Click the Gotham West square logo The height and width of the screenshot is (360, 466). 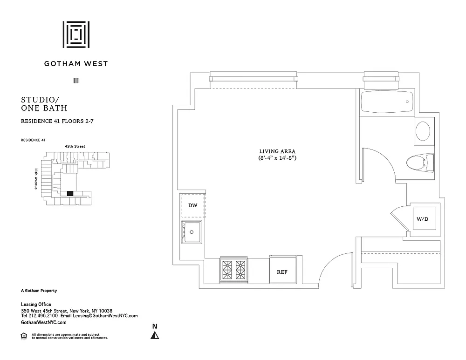point(76,34)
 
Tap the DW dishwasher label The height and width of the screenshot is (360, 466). point(192,205)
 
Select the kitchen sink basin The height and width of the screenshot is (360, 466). point(192,232)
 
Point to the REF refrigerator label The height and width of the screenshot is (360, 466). point(282,272)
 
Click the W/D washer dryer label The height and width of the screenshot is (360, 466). point(422,219)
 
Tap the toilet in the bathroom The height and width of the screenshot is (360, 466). point(420,163)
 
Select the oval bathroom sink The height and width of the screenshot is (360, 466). point(423,131)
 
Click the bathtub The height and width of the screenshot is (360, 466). point(387,102)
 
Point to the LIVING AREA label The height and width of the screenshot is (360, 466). point(277,151)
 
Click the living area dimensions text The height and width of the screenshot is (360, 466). point(277,158)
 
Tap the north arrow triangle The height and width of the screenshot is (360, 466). point(155,335)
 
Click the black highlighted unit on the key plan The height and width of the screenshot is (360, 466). point(70,194)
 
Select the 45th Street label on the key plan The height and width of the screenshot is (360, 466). point(75,146)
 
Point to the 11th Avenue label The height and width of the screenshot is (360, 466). point(36,179)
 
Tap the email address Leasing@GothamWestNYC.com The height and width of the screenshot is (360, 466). point(105,316)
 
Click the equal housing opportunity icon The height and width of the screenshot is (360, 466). point(24,336)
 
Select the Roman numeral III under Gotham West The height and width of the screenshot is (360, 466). point(76,81)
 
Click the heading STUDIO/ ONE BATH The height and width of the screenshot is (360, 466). point(44,104)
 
